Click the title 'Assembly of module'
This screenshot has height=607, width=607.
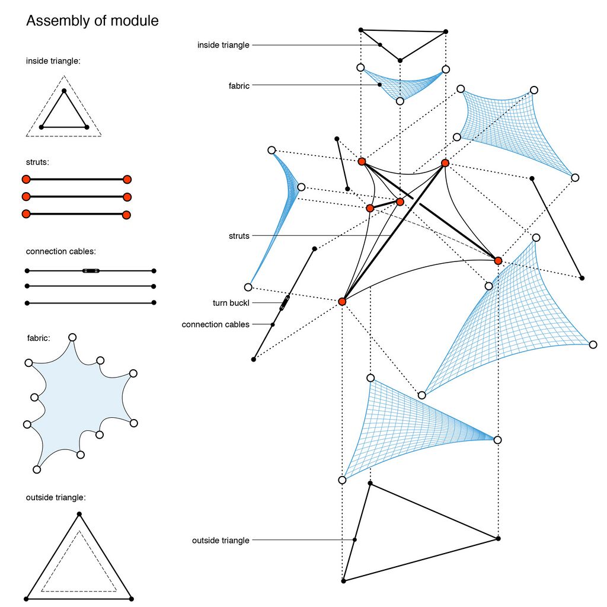pyautogui.click(x=92, y=21)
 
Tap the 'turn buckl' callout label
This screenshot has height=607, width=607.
pyautogui.click(x=231, y=303)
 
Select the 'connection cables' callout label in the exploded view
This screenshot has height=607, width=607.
pyautogui.click(x=215, y=324)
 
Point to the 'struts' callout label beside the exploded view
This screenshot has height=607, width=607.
pyautogui.click(x=239, y=236)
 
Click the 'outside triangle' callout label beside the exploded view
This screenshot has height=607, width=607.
pyautogui.click(x=221, y=541)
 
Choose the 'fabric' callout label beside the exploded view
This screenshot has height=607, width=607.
pyautogui.click(x=239, y=85)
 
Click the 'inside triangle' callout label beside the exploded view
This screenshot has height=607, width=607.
pyautogui.click(x=223, y=45)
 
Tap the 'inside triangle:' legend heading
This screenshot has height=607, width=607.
pyautogui.click(x=53, y=61)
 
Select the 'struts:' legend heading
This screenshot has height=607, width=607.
pyautogui.click(x=37, y=162)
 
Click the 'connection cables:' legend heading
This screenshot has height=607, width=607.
pyautogui.click(x=61, y=251)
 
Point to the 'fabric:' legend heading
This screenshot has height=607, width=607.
pyautogui.click(x=39, y=338)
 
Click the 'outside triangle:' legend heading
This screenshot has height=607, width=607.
pyautogui.click(x=56, y=497)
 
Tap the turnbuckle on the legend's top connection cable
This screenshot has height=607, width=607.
pyautogui.click(x=91, y=270)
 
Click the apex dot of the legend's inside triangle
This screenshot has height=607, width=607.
pyautogui.click(x=64, y=91)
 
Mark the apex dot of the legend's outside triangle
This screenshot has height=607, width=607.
pyautogui.click(x=79, y=514)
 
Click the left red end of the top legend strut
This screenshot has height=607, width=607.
pyautogui.click(x=26, y=179)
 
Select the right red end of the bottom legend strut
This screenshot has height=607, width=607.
pyautogui.click(x=126, y=215)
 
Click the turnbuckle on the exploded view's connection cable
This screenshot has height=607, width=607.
pyautogui.click(x=285, y=303)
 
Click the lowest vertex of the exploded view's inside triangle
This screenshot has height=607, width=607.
pyautogui.click(x=400, y=60)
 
